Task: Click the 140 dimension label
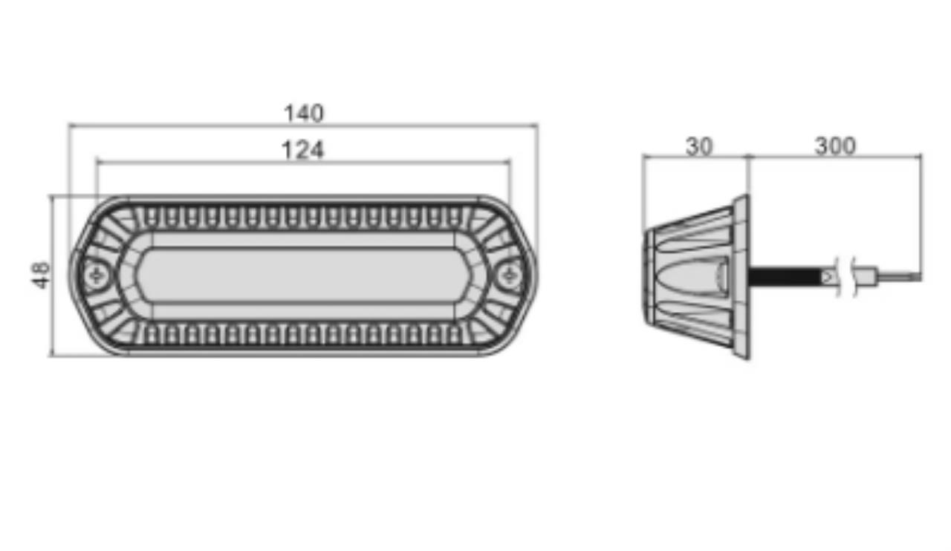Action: point(304,114)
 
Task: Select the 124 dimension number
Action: point(302,150)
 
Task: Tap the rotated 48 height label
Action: point(41,275)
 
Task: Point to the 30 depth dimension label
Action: point(699,146)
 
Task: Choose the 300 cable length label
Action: point(835,146)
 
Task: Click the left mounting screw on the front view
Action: point(97,276)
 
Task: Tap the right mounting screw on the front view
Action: point(510,276)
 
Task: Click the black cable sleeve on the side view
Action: point(785,277)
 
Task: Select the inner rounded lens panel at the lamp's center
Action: point(303,275)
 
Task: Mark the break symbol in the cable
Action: point(845,277)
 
